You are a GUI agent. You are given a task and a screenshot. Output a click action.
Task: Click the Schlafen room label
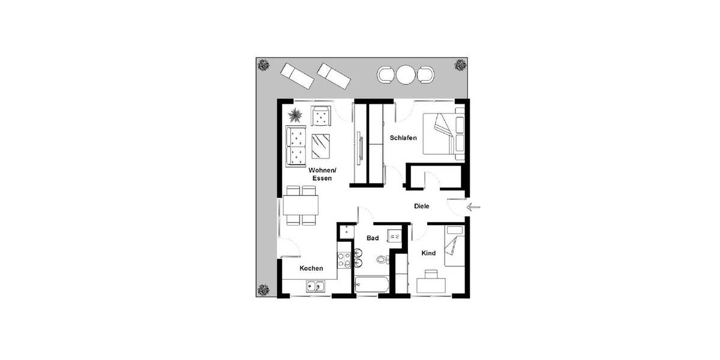tap(403, 138)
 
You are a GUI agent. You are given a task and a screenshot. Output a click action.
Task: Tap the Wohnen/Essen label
tap(322, 175)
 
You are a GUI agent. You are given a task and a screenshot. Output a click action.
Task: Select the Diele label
tap(422, 206)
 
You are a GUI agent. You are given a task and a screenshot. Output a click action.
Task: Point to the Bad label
tap(373, 238)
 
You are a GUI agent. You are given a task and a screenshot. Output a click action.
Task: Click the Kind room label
tap(428, 253)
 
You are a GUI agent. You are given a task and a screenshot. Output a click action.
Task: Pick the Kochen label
tap(311, 268)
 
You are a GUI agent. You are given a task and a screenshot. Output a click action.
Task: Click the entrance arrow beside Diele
tap(473, 208)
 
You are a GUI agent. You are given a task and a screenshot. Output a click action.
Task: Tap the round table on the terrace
tap(406, 75)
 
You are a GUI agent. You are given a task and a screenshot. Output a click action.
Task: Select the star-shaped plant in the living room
tap(295, 114)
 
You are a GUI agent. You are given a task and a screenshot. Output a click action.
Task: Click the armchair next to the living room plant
tap(321, 116)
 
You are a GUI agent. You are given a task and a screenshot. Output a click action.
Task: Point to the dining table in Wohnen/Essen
tap(301, 206)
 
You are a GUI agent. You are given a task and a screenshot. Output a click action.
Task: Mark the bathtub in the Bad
tap(373, 284)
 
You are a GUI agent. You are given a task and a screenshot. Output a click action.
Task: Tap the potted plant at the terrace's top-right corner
tap(460, 64)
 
